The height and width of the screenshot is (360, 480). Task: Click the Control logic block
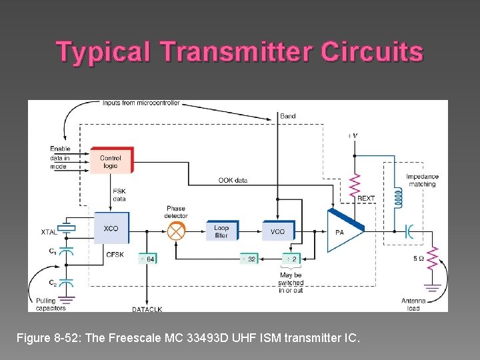tap(111, 161)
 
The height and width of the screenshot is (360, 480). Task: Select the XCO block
tap(111, 229)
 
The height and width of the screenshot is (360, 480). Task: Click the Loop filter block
tap(221, 231)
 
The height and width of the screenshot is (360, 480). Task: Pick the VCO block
tap(277, 231)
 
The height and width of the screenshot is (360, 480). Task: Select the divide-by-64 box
tap(148, 259)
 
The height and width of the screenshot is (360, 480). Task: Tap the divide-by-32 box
tap(249, 259)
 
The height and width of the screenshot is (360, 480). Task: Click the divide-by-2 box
tap(291, 259)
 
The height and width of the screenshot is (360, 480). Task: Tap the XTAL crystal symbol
tap(66, 229)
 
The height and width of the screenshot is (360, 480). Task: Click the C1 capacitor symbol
tap(66, 252)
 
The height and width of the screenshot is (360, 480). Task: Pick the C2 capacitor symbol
tap(66, 282)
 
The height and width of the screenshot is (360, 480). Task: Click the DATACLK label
tap(147, 309)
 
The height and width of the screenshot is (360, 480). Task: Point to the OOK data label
tap(233, 180)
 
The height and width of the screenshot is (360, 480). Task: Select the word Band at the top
tap(287, 116)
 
